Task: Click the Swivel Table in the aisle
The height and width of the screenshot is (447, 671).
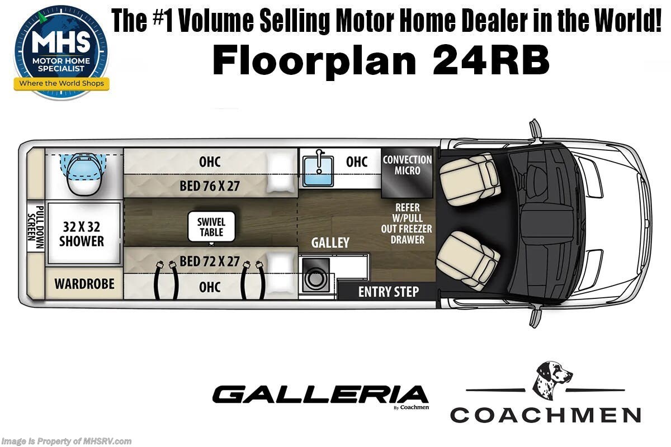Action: tap(211, 227)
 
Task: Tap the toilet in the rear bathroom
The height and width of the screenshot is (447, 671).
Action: tap(83, 174)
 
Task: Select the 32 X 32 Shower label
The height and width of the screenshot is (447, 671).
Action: tap(82, 234)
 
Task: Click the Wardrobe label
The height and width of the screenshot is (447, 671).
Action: tap(84, 283)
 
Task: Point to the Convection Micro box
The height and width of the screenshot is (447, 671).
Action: tap(407, 173)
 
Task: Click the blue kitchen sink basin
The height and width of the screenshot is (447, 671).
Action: tap(318, 172)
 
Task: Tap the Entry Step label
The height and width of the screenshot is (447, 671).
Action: tap(389, 292)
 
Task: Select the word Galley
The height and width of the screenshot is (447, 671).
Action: tap(330, 242)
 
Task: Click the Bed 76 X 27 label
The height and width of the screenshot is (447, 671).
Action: tap(209, 186)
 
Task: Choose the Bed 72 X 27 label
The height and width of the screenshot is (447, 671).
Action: tap(209, 261)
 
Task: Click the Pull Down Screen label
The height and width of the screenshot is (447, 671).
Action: tap(36, 227)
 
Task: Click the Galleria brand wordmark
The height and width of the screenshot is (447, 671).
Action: tap(320, 394)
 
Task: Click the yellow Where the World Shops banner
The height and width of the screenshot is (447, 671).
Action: tap(62, 83)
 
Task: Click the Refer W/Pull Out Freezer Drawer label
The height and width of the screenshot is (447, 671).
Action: tap(407, 223)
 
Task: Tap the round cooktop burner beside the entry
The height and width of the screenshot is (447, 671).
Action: tap(315, 279)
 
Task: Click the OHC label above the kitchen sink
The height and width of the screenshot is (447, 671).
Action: tap(357, 162)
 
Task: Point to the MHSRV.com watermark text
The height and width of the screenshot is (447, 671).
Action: tap(67, 441)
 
